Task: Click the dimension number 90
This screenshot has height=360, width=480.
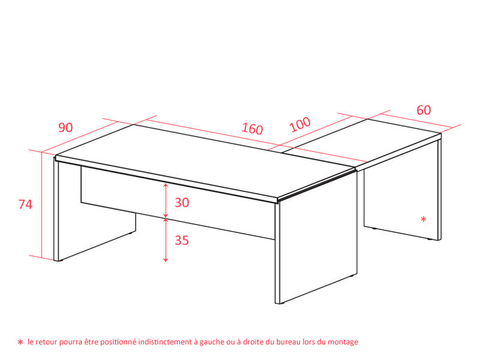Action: click(x=65, y=128)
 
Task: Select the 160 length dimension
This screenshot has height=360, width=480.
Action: click(x=252, y=129)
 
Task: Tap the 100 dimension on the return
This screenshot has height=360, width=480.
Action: click(x=300, y=124)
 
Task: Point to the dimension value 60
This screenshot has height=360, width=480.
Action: click(x=424, y=110)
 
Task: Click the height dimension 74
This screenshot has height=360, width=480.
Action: click(x=25, y=205)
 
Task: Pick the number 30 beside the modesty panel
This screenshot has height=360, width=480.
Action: click(x=182, y=203)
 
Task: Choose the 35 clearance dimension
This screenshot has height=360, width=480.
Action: click(x=182, y=241)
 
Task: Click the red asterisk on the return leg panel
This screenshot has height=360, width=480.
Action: click(x=424, y=219)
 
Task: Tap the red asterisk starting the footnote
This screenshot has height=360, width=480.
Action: click(x=20, y=342)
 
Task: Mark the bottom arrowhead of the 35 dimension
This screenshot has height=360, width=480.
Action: click(x=166, y=260)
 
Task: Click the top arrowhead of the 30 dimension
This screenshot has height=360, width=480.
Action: click(x=166, y=185)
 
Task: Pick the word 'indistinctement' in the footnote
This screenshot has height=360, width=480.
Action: click(x=164, y=341)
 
